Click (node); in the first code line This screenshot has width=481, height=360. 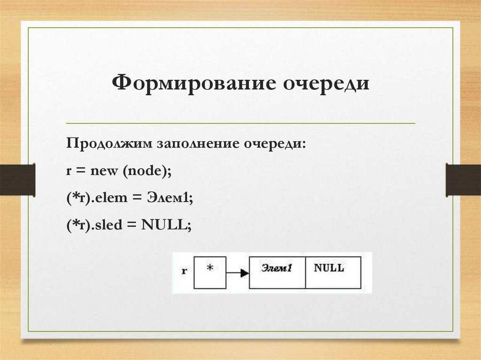point(147,172)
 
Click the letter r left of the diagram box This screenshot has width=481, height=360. point(184,271)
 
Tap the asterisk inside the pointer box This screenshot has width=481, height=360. point(210,268)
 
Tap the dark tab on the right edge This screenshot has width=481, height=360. point(463,179)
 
